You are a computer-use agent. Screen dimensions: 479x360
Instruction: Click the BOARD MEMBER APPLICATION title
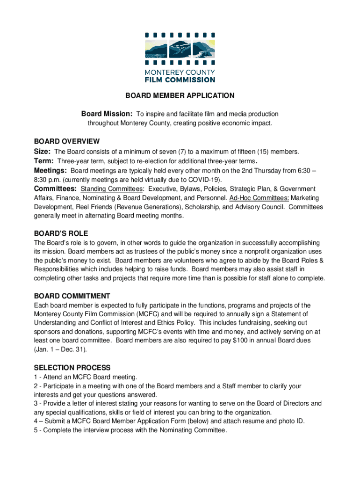tap(180, 96)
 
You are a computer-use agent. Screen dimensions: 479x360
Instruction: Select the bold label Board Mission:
tap(107, 114)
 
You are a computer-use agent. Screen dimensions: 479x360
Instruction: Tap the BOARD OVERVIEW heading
tap(67, 141)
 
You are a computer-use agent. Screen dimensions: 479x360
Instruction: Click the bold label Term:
tap(44, 161)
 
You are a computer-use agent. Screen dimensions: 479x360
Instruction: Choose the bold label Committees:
tap(56, 189)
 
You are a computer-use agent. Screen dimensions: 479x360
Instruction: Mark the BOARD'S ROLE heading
tap(61, 233)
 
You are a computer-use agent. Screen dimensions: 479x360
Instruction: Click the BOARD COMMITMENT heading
tap(72, 296)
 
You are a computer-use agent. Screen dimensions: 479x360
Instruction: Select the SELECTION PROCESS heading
tap(72, 368)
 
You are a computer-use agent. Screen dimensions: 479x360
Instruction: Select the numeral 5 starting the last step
tap(36, 430)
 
